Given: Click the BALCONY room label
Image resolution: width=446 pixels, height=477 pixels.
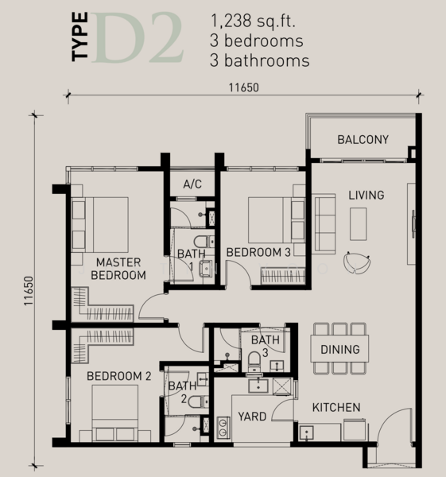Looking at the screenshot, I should (363, 140).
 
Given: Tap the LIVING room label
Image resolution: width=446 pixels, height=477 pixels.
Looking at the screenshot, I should (366, 196).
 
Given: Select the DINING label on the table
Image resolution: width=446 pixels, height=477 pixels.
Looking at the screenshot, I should (339, 349).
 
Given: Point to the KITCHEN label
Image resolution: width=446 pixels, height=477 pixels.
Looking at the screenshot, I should (335, 408).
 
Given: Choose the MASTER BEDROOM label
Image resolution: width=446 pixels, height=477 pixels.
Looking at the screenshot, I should (118, 269).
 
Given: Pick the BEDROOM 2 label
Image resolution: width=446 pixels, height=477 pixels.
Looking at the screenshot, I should (118, 375).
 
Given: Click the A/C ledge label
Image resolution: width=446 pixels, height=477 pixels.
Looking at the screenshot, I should (192, 184).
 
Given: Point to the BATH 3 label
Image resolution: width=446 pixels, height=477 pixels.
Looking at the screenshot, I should (266, 346).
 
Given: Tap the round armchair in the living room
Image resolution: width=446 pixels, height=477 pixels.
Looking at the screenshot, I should (357, 261).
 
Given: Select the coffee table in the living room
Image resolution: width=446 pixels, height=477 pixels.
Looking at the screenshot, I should (359, 222).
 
